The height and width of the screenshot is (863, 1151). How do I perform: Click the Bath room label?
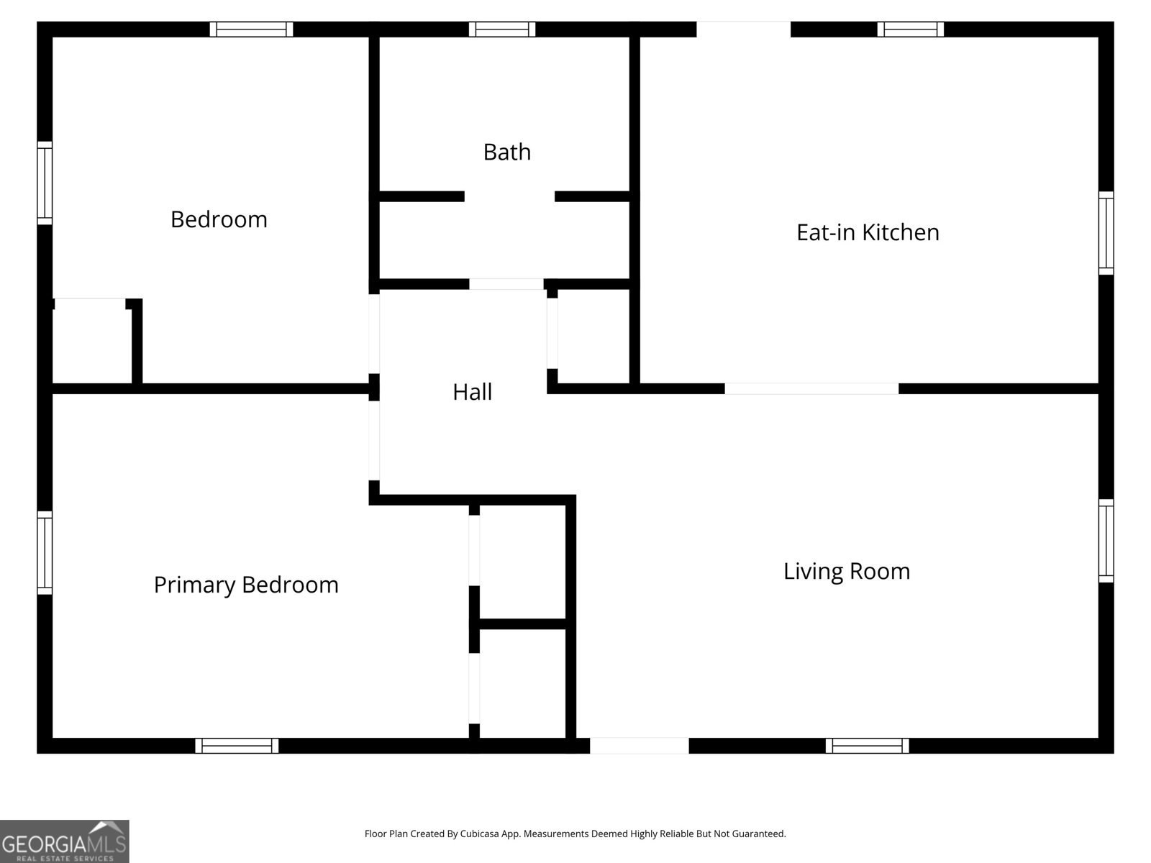[506, 152]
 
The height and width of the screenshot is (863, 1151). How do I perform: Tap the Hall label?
[472, 392]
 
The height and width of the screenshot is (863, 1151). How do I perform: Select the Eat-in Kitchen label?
[868, 232]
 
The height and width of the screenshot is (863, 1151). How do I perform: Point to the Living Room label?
[846, 572]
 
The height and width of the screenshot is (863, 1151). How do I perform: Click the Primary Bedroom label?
[246, 585]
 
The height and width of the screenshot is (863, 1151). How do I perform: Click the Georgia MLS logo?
[65, 841]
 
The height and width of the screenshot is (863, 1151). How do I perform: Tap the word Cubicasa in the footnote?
[479, 834]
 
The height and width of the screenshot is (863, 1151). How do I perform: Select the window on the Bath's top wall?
[502, 29]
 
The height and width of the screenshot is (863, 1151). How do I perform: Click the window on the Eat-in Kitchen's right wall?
[1106, 232]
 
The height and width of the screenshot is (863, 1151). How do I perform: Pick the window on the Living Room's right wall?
[1106, 541]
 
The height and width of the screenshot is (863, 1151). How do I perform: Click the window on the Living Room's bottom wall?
[867, 746]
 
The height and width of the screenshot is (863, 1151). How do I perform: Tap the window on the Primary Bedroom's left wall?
[45, 553]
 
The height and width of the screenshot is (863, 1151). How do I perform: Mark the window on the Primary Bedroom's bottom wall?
[237, 746]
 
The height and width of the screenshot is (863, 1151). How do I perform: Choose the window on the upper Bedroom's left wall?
[45, 183]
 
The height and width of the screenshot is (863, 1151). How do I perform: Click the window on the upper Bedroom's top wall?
[251, 29]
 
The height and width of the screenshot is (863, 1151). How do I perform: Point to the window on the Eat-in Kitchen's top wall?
[910, 29]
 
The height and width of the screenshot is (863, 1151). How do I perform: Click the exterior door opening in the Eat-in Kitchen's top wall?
[744, 29]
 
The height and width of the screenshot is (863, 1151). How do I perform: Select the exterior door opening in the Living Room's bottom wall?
[640, 746]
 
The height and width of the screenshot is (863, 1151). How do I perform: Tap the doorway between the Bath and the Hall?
[506, 284]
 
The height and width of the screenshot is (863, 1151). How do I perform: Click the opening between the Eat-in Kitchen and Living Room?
[811, 388]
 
